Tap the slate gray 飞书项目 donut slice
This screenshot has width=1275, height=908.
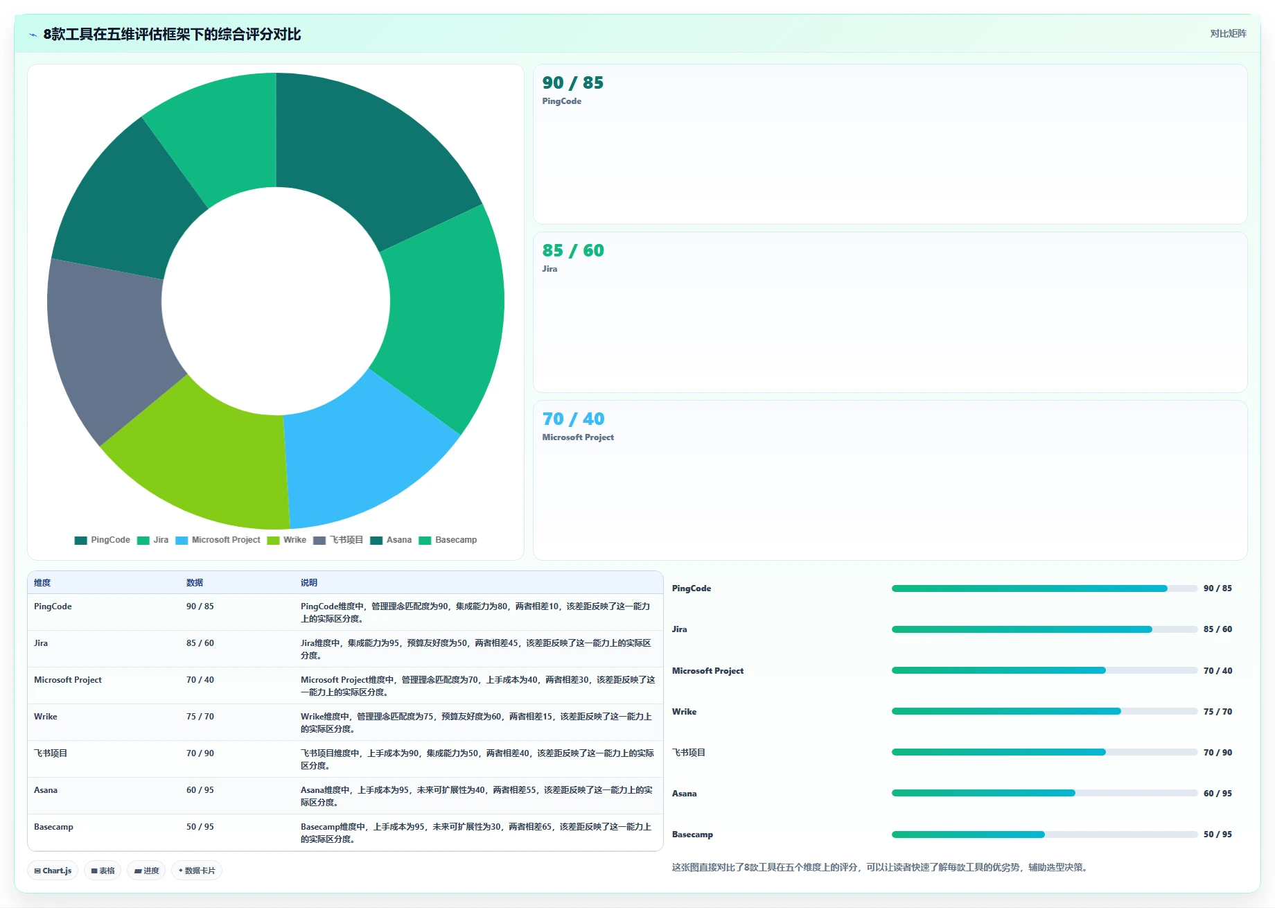(x=111, y=347)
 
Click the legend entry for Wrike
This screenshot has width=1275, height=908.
(x=287, y=540)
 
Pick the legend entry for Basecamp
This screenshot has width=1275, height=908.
(x=448, y=540)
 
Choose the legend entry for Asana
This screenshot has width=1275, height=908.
(x=391, y=540)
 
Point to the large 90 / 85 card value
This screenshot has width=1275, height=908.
(x=573, y=82)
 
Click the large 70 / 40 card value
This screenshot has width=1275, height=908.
(x=573, y=419)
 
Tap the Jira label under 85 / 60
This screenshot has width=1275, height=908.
(x=549, y=269)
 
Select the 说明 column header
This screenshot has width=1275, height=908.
(x=309, y=583)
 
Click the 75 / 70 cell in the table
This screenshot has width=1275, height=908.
(x=200, y=717)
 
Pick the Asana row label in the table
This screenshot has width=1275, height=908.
(x=46, y=790)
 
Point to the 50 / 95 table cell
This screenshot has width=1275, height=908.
(x=200, y=827)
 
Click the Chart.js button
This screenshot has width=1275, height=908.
(x=53, y=871)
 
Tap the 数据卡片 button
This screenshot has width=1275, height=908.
(x=197, y=871)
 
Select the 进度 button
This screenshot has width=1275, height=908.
(x=146, y=871)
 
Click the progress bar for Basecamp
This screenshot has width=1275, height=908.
(x=1044, y=835)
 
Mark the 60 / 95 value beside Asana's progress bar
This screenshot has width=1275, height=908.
(x=1217, y=794)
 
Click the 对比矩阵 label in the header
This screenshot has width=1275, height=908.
(x=1228, y=34)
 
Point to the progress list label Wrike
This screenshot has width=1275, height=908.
(x=684, y=712)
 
